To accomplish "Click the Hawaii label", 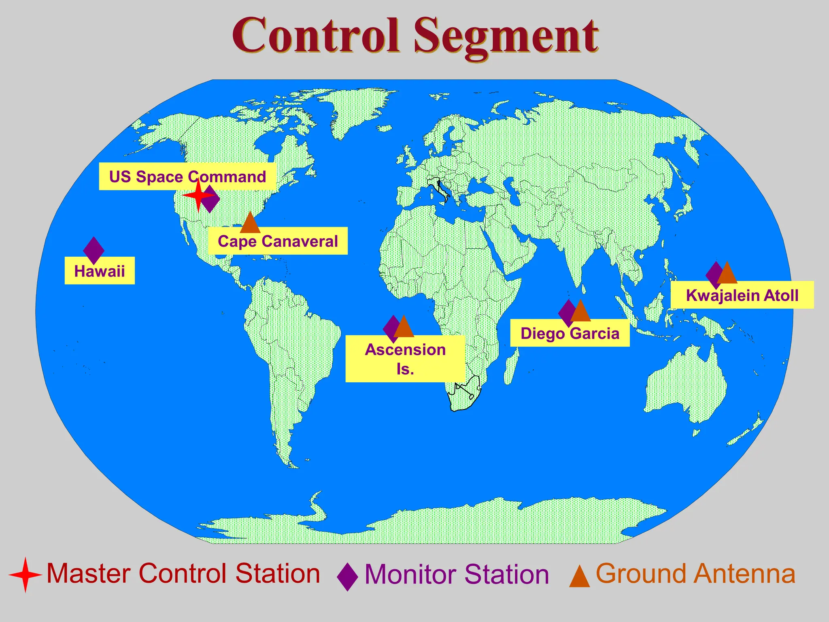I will point(100,271).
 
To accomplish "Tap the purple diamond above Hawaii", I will point(94,250).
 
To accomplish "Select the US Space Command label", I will point(187,177).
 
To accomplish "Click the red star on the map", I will point(198,196).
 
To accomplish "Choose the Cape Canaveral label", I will point(278,241).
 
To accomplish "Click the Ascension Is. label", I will point(405,359).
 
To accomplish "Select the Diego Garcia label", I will point(570,333).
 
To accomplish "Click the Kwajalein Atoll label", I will point(742,295).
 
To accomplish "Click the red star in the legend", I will point(25,574).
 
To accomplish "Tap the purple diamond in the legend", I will point(347,576).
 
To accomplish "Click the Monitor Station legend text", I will point(457,574).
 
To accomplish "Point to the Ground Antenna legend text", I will point(695,573).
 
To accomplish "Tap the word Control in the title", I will point(316,36).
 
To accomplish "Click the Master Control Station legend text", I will point(183,573).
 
